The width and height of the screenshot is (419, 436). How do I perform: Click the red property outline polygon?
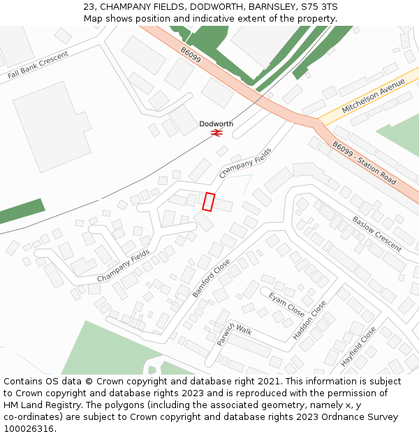pos(208,202)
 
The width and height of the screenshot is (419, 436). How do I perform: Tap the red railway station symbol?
pos(216,132)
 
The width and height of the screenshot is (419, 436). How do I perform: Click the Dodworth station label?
pos(216,123)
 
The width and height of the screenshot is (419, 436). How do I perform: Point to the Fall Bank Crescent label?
pos(38,65)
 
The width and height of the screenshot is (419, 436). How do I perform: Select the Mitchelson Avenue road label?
pos(374,96)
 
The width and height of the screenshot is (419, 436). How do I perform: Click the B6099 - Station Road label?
pos(364,163)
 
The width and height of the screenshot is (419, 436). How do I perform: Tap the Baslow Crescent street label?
pos(376,233)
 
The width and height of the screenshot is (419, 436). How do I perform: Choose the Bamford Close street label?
pos(211,278)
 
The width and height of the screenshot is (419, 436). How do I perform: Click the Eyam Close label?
pos(286,304)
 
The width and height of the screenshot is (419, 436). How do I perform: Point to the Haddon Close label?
pos(309,320)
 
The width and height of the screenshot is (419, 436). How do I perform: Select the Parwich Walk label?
pos(233,333)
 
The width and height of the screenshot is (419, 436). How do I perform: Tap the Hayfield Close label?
pos(358,347)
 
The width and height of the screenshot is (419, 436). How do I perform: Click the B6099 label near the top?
pos(191,55)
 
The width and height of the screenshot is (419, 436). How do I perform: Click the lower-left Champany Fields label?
pos(123,266)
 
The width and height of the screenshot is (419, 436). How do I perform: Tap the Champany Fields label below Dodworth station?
pos(245,163)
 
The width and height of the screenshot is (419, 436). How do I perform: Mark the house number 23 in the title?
pos(89,6)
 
